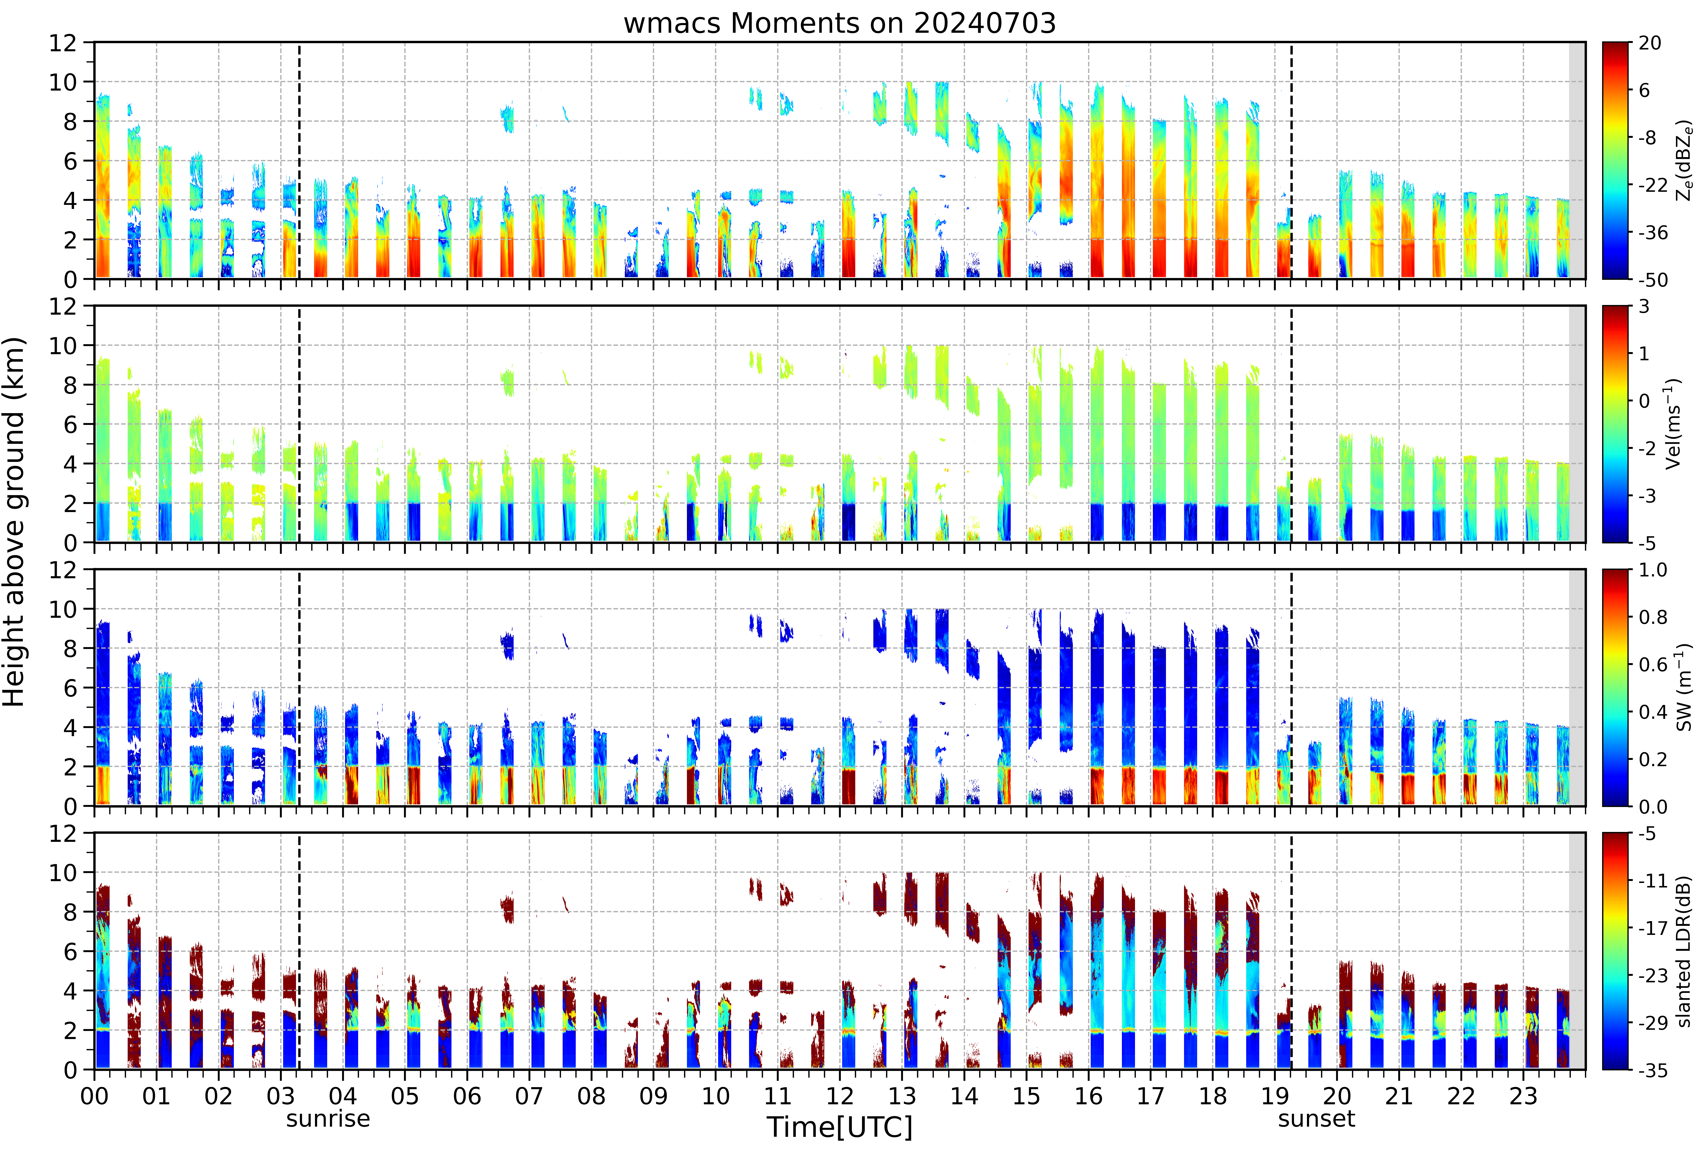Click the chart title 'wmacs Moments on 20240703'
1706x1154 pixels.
click(840, 23)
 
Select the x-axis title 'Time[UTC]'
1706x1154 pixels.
click(840, 1127)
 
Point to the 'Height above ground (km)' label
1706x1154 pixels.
click(15, 522)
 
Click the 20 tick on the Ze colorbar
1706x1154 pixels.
click(1650, 43)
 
